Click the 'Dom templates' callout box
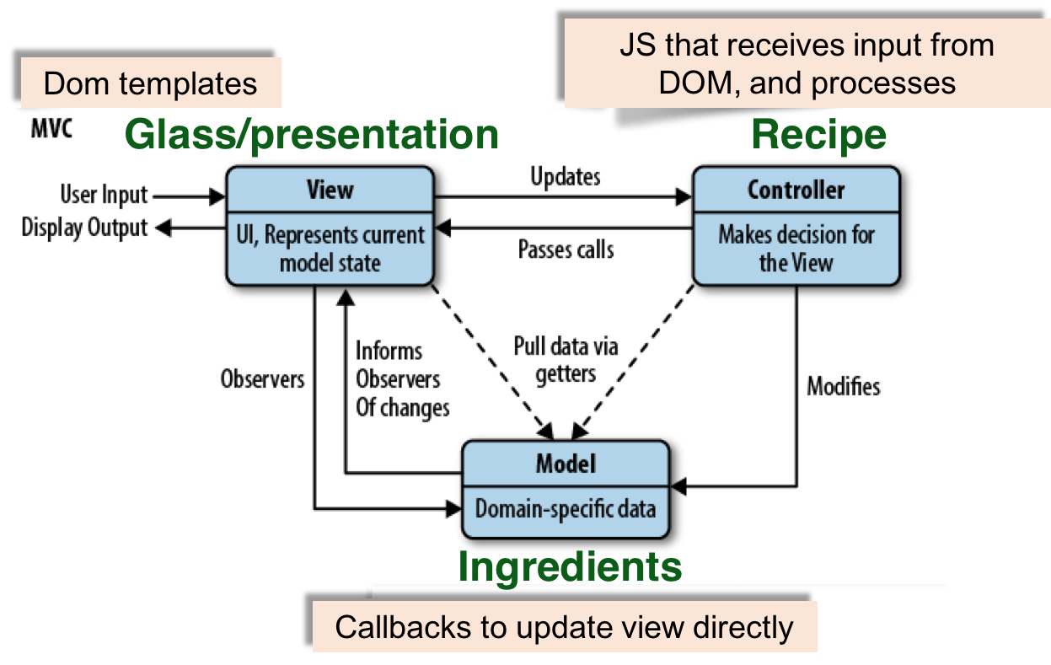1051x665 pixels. (x=150, y=83)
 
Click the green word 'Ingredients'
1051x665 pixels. (x=570, y=567)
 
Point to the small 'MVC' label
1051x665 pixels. (x=51, y=130)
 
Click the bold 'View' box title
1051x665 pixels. (x=330, y=190)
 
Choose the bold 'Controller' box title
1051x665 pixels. (x=796, y=190)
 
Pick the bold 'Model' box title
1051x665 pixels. (x=566, y=464)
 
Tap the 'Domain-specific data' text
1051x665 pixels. (x=566, y=509)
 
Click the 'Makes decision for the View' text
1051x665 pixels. (x=796, y=248)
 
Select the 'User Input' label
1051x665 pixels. (x=104, y=196)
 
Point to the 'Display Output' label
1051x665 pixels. (x=84, y=228)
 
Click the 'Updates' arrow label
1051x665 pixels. (x=566, y=177)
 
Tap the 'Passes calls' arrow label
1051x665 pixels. (x=566, y=249)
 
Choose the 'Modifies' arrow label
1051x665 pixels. (x=843, y=387)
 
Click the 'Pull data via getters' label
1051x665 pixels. (x=566, y=360)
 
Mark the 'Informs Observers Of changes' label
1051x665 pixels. (x=402, y=379)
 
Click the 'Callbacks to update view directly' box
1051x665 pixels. (x=564, y=628)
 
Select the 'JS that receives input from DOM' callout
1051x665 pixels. (x=807, y=63)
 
